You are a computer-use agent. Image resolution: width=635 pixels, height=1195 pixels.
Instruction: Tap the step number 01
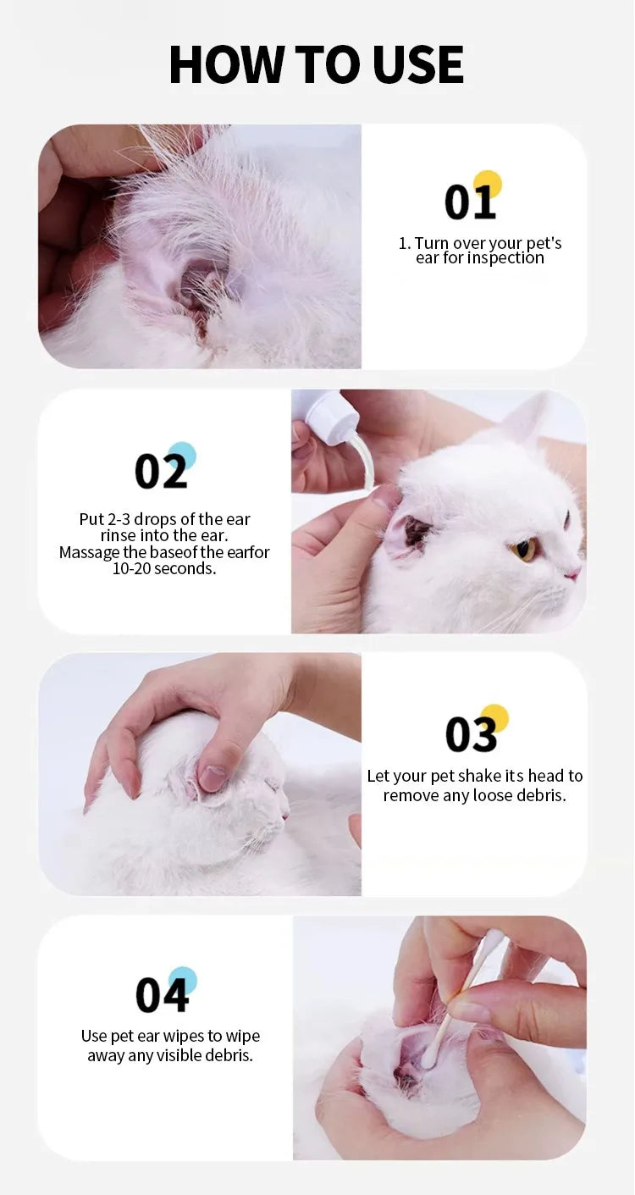(x=469, y=203)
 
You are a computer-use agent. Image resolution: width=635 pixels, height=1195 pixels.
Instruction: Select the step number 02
(x=160, y=472)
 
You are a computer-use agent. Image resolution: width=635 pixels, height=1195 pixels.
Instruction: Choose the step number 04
(x=161, y=996)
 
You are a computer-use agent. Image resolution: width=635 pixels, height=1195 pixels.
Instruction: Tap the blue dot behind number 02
(x=182, y=455)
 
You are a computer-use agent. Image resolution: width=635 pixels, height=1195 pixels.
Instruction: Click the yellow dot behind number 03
(x=494, y=717)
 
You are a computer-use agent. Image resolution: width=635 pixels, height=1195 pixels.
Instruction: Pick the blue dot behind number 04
(x=183, y=980)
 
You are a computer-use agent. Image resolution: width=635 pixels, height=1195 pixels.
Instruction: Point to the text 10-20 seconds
(x=164, y=568)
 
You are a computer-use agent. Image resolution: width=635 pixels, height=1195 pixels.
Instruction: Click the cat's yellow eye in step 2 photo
(x=523, y=550)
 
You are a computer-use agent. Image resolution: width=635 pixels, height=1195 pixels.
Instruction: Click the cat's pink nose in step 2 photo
(x=574, y=573)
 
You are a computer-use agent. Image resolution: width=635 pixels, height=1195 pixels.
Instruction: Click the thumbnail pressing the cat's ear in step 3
(x=211, y=777)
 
